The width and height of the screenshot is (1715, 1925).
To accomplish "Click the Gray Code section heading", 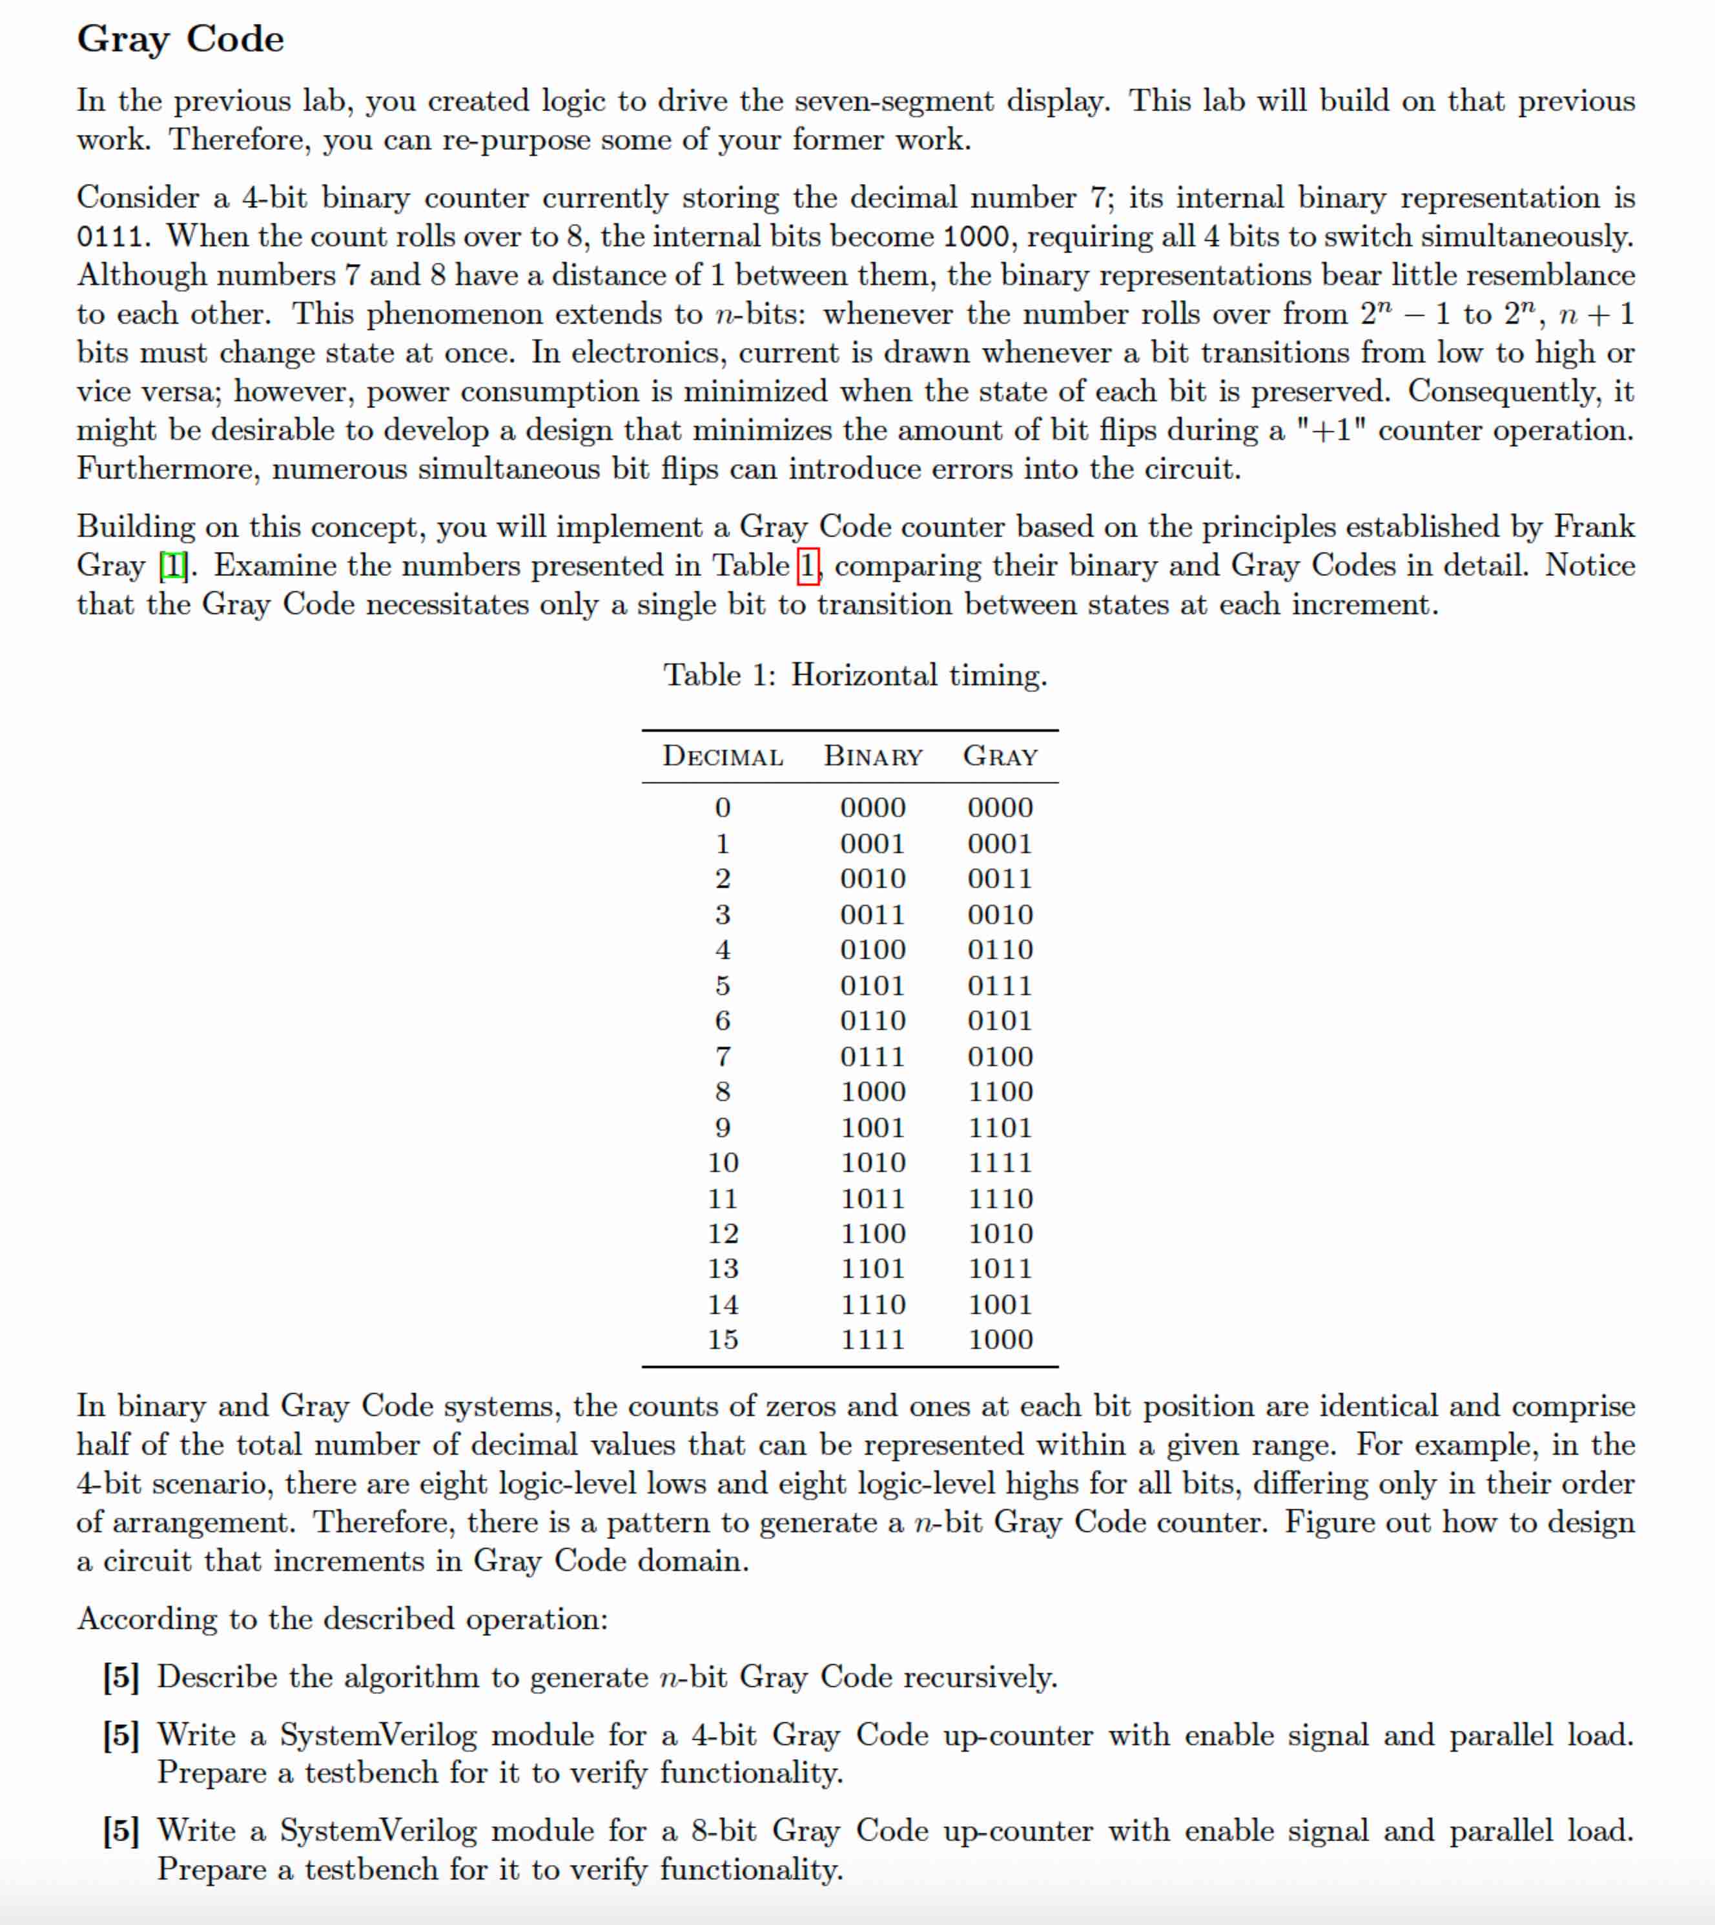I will coord(180,39).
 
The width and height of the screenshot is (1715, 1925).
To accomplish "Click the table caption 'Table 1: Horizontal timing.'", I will coord(855,676).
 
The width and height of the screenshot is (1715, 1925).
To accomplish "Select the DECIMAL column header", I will coord(723,757).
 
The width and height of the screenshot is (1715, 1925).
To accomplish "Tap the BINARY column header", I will coord(872,757).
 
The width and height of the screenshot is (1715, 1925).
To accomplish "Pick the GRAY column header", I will coord(1000,757).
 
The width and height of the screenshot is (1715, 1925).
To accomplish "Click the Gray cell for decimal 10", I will coord(1000,1163).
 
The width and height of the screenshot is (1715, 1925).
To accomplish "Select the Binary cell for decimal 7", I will coord(872,1056).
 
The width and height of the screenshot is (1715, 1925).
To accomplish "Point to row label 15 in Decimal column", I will coord(723,1340).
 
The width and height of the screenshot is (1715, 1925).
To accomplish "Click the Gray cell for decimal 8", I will coord(1000,1092).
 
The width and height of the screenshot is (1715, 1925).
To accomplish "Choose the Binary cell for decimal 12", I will coord(872,1234).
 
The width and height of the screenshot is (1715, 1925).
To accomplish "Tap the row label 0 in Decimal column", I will coord(723,808).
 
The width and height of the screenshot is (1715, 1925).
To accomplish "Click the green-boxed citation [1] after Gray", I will coord(174,566).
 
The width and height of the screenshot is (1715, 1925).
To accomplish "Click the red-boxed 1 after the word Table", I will coord(808,566).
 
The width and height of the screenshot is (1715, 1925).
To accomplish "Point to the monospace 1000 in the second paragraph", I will coord(975,236).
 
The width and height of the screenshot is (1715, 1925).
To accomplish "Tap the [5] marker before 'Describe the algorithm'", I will coord(121,1677).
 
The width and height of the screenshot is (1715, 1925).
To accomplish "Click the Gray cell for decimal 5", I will coord(1000,986).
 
